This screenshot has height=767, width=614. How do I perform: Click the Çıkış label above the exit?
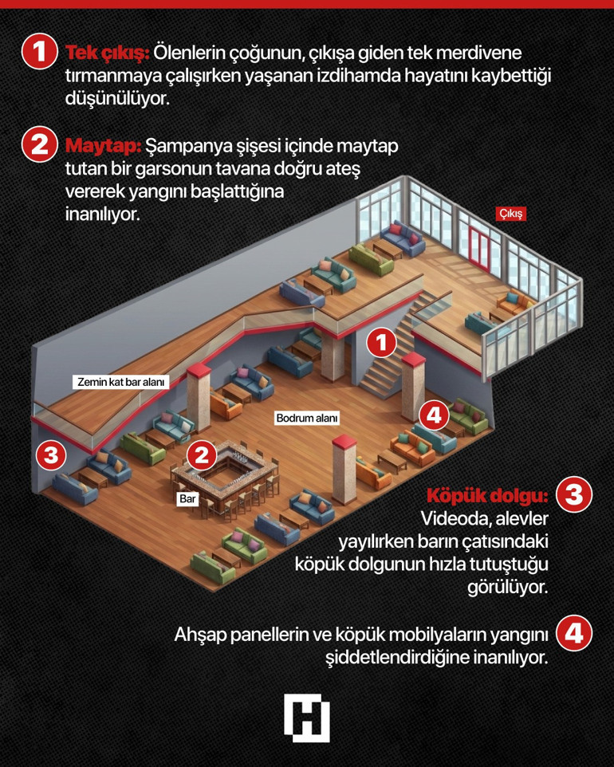[x=511, y=214]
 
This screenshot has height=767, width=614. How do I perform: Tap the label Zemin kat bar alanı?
[x=121, y=382]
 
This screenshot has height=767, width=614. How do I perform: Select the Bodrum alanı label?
[x=307, y=418]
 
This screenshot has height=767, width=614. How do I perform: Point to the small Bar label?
[x=187, y=498]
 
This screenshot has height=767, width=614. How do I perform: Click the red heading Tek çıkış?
[x=107, y=53]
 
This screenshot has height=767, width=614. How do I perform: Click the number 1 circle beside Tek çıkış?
[x=40, y=53]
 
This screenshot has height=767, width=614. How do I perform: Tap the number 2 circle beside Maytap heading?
[x=40, y=147]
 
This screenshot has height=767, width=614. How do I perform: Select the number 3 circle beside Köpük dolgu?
[x=573, y=495]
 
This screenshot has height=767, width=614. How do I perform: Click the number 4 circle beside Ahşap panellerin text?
[x=573, y=633]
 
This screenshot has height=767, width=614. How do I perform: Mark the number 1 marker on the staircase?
[x=381, y=344]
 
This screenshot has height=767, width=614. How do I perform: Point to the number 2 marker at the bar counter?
[x=202, y=455]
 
